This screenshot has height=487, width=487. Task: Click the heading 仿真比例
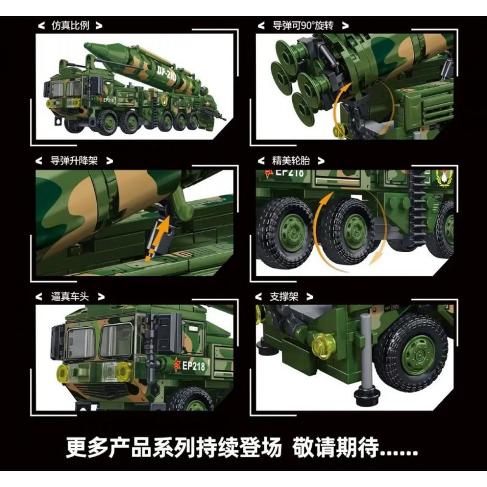click(x=71, y=26)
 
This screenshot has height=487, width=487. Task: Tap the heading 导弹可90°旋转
click(x=303, y=26)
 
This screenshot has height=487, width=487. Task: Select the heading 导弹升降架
click(x=74, y=161)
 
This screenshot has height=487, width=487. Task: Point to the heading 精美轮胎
click(x=291, y=161)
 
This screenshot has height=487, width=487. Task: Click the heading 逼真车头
click(x=70, y=296)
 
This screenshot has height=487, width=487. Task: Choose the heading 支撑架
click(x=284, y=296)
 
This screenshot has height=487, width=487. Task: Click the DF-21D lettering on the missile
click(x=167, y=75)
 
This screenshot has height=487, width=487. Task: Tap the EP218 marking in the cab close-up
click(x=193, y=366)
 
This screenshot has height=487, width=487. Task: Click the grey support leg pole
click(x=366, y=352)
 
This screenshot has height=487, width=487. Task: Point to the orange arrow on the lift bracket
click(x=158, y=237)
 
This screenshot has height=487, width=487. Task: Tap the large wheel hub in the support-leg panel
click(x=418, y=355)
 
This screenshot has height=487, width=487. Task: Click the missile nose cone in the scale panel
click(x=93, y=49)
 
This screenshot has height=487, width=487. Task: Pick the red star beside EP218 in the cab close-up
click(x=177, y=363)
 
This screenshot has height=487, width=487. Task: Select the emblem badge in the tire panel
click(x=444, y=178)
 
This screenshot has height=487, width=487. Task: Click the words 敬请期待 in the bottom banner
click(x=335, y=447)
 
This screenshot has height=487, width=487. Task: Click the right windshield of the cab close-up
click(x=116, y=341)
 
